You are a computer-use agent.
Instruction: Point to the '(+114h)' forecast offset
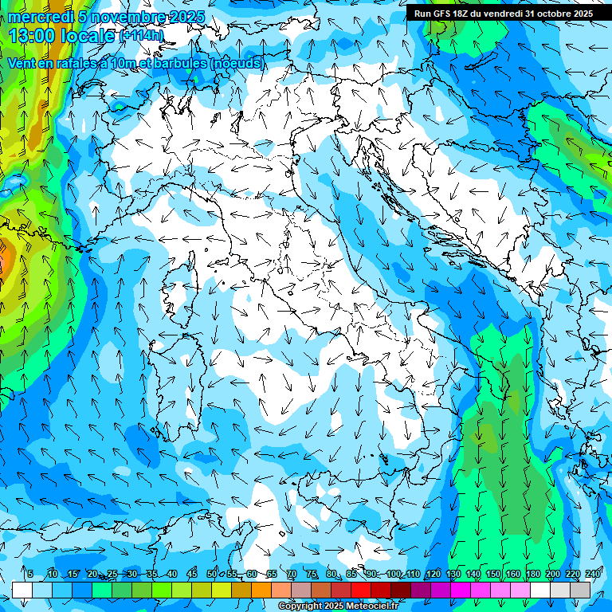(x=140, y=36)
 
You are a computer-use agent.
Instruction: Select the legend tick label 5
(x=29, y=575)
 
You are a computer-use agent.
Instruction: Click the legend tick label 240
(x=592, y=575)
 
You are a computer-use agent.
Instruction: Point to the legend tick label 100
(x=393, y=575)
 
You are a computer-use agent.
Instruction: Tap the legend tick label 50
(x=211, y=575)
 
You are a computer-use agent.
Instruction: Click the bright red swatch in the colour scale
(x=361, y=590)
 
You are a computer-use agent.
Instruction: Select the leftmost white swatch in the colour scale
(x=22, y=590)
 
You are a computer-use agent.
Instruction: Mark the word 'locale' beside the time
(x=92, y=36)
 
